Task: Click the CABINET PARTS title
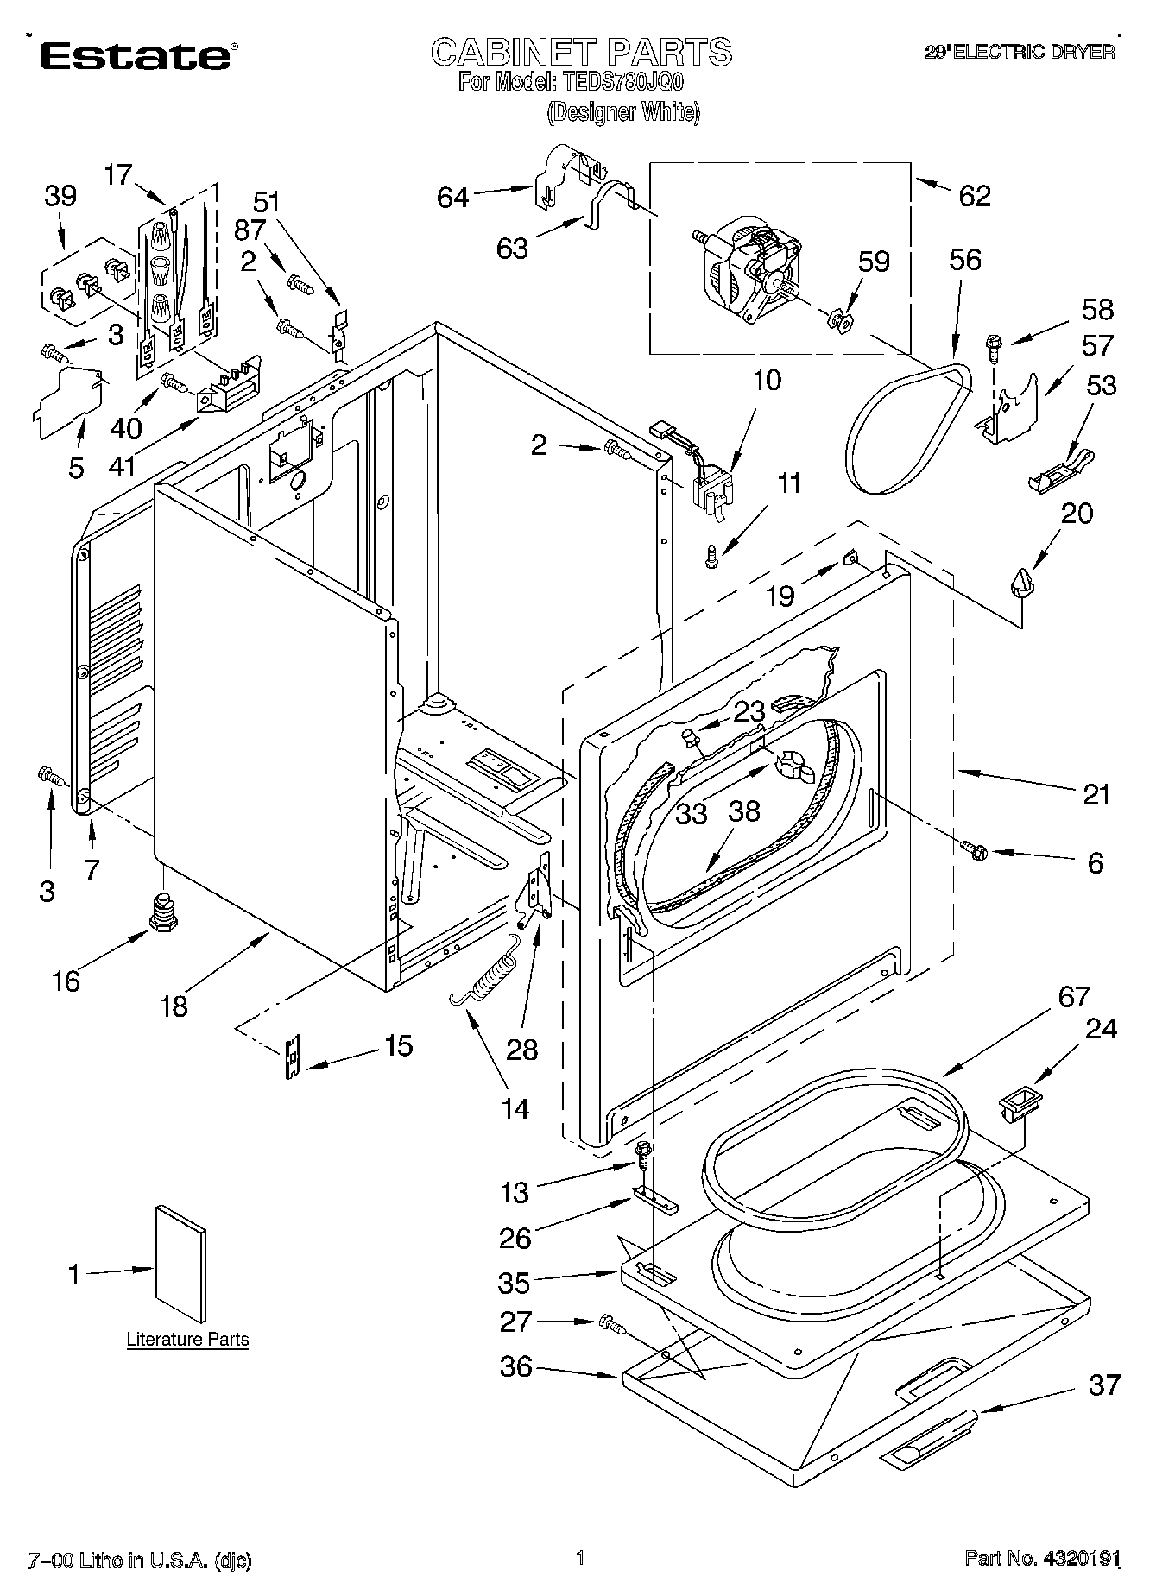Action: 581,52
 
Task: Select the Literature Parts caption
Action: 187,1339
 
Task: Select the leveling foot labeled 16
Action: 164,912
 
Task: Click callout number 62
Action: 974,196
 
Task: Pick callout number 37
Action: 1103,1384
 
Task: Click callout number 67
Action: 1073,997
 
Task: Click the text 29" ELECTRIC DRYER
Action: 1020,52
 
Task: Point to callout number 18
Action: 174,1006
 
